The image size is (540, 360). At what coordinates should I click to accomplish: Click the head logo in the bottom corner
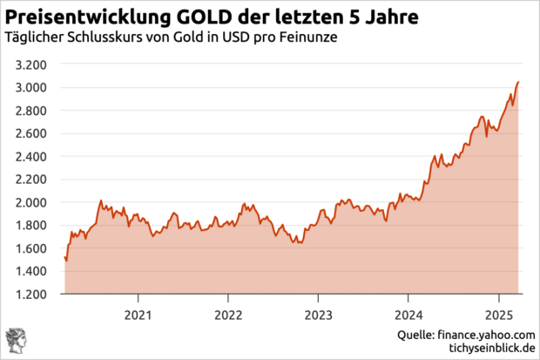[x=16, y=342]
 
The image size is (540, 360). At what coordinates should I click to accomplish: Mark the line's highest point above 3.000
[x=519, y=82]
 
